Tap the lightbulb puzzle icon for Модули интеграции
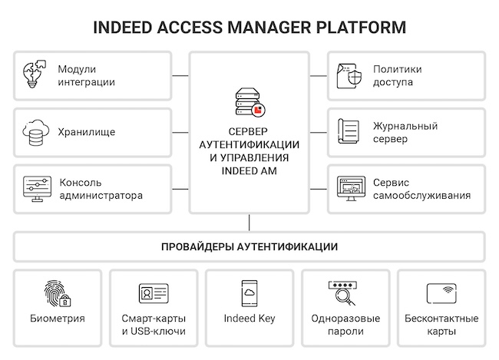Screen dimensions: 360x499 (35, 75)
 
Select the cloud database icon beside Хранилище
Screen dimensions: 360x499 (35, 132)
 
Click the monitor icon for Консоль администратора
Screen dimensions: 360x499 (35, 189)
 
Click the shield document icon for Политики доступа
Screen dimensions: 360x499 (349, 75)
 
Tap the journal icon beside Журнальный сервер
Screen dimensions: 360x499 (349, 132)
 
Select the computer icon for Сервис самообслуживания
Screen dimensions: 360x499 (349, 189)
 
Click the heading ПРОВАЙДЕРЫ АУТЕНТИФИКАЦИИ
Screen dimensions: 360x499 (249, 247)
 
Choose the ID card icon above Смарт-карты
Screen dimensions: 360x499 (154, 293)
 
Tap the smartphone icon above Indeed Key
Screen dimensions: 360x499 (249, 293)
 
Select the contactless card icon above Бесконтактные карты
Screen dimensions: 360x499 (441, 293)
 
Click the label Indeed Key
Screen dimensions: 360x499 (249, 319)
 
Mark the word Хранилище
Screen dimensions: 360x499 (87, 132)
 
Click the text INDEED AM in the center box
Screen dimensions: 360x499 (249, 171)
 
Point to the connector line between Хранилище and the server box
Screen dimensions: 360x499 (180, 132)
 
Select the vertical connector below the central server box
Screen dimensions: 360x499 (249, 223)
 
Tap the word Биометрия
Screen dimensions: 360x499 (58, 319)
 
